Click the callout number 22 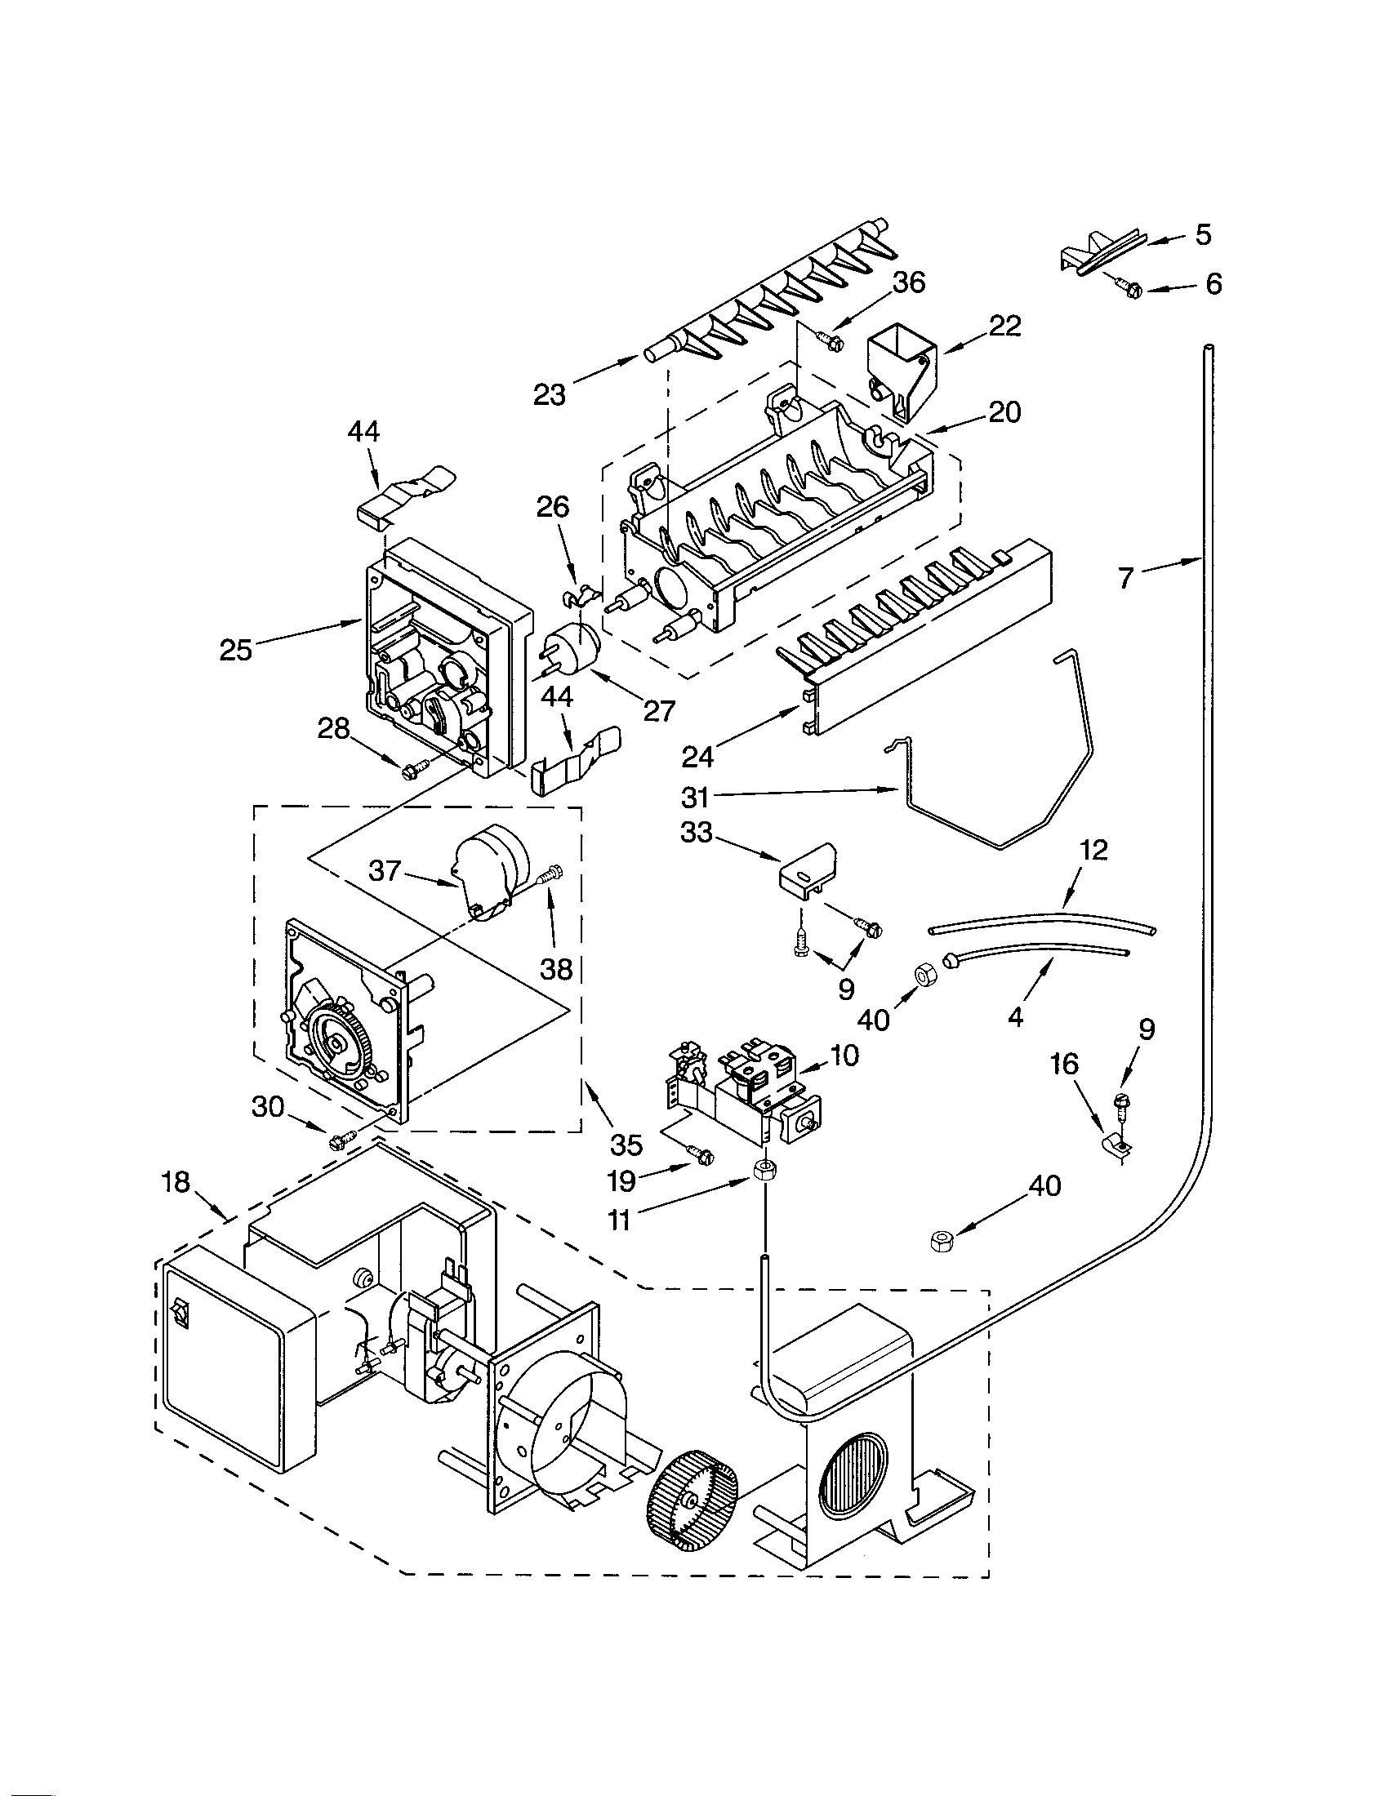1004,327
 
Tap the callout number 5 1202,235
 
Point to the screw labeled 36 831,340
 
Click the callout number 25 235,650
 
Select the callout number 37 383,870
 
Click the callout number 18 176,1183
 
